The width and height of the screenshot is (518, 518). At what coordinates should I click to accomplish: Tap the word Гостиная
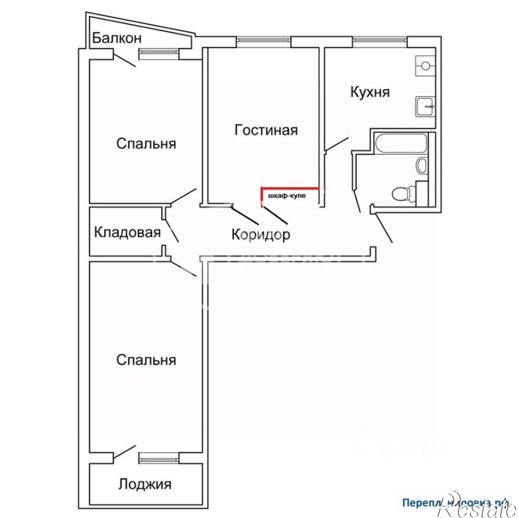[266, 130]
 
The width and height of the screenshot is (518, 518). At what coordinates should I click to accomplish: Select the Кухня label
[370, 92]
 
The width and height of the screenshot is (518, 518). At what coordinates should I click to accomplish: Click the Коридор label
[261, 235]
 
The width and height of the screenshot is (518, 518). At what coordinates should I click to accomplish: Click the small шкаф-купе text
[287, 196]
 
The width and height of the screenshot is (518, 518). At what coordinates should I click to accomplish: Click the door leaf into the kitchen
[337, 144]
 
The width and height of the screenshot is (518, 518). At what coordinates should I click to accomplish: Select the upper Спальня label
[146, 144]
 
